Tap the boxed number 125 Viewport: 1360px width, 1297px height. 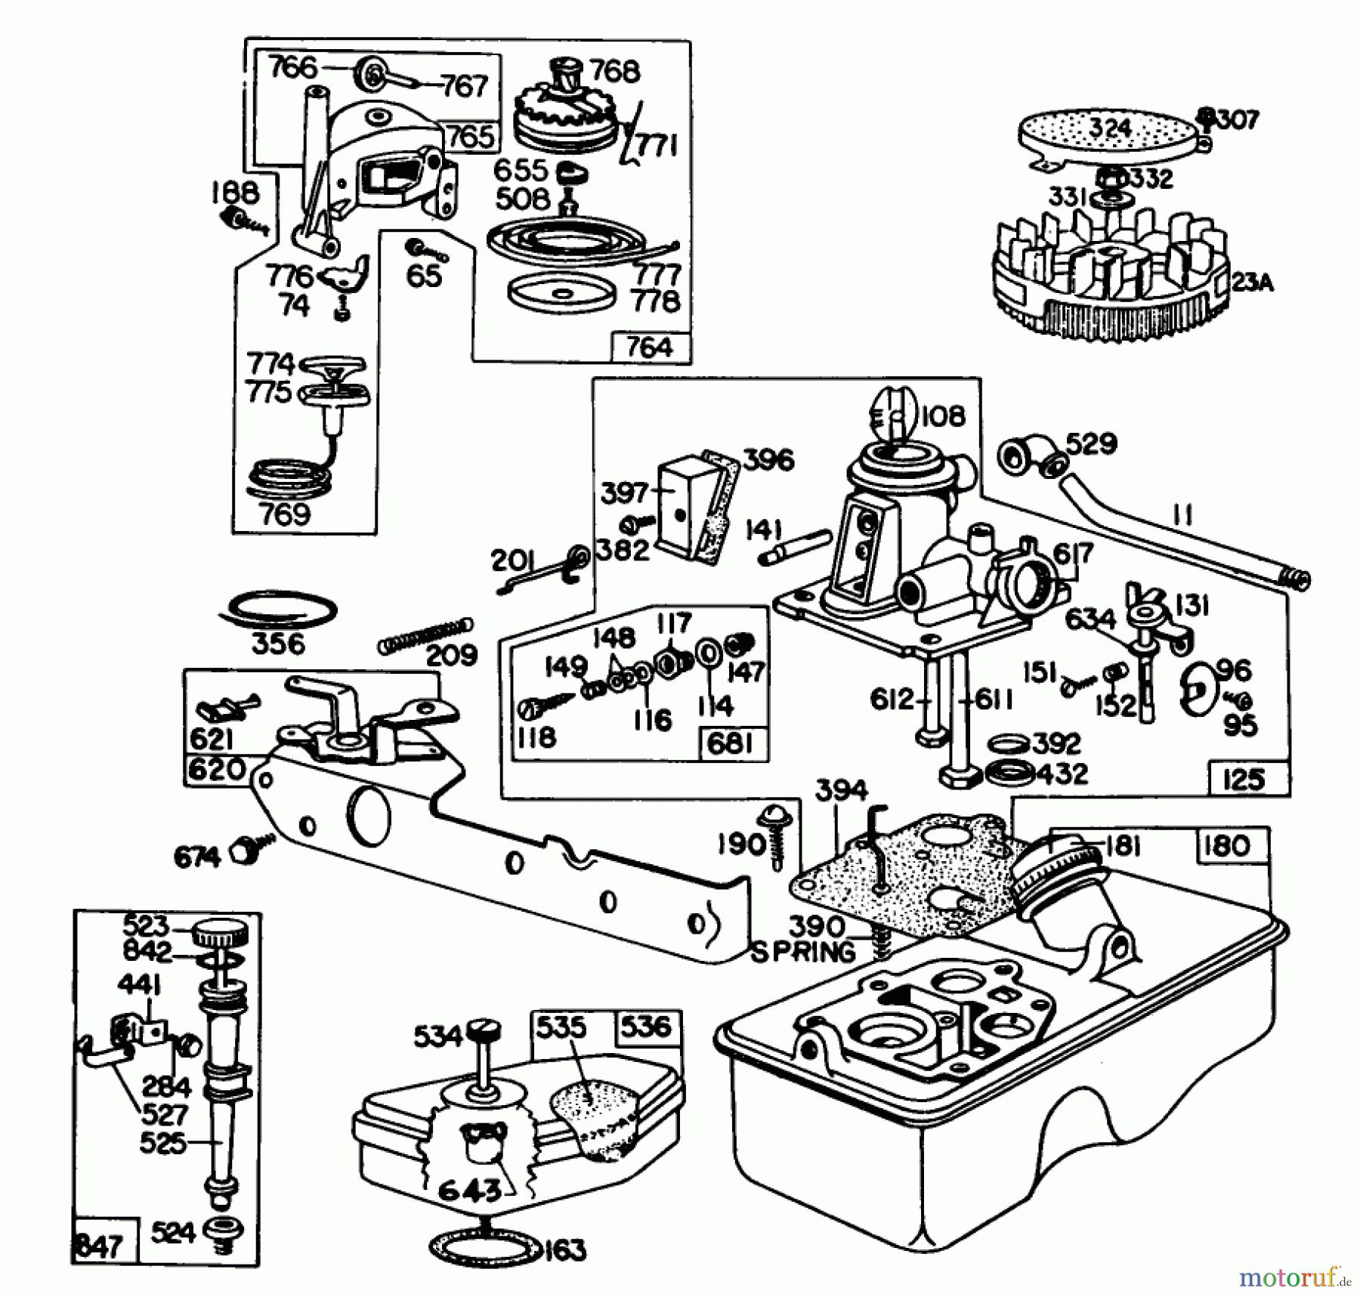[x=1243, y=779]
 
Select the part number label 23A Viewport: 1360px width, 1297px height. [x=1252, y=283]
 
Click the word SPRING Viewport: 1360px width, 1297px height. [x=803, y=953]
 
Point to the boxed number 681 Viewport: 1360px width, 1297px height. [x=731, y=744]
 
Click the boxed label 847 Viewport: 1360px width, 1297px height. [x=99, y=1244]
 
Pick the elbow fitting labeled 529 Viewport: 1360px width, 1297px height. [x=1028, y=454]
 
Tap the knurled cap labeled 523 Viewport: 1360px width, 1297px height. [x=219, y=934]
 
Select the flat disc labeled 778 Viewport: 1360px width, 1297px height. [x=560, y=293]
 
